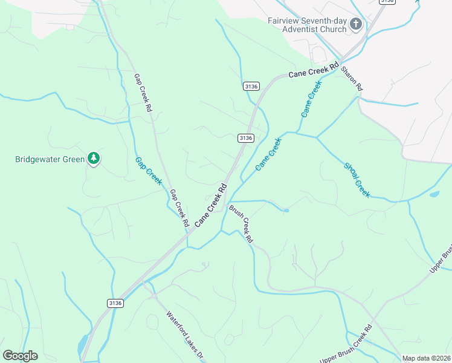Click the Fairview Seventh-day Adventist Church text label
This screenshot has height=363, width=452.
pos(308,24)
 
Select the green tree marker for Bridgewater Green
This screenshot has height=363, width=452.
pos(93,159)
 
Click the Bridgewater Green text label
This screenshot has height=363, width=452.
pos(50,160)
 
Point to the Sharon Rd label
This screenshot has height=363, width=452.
pos(352,79)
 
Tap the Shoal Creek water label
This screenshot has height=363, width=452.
pos(357,180)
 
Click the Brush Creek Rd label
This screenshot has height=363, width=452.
pos(241,224)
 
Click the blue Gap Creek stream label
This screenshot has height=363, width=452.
pos(148,171)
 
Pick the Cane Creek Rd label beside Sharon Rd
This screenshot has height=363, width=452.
pos(313,71)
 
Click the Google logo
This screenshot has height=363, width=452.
pos(20,356)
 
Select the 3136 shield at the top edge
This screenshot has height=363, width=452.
pos(387,2)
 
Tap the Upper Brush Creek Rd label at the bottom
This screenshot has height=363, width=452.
pos(345,345)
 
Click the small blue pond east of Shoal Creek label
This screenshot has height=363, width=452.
pos(434,195)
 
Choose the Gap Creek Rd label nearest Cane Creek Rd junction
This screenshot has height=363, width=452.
pos(179,208)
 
